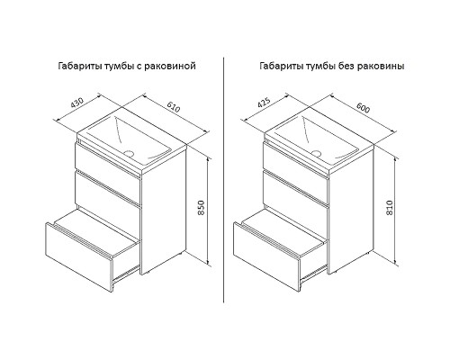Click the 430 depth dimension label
76,103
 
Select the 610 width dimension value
174,107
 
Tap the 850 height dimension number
202,207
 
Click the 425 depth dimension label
265,103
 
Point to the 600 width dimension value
363,107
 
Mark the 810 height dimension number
390,207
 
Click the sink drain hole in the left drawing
130,153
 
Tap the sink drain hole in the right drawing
316,153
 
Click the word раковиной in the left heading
170,66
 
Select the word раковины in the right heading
381,66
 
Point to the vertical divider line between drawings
224,180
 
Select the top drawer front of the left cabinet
107,161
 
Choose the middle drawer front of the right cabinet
295,189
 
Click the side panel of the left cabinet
164,210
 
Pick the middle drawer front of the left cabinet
107,189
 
